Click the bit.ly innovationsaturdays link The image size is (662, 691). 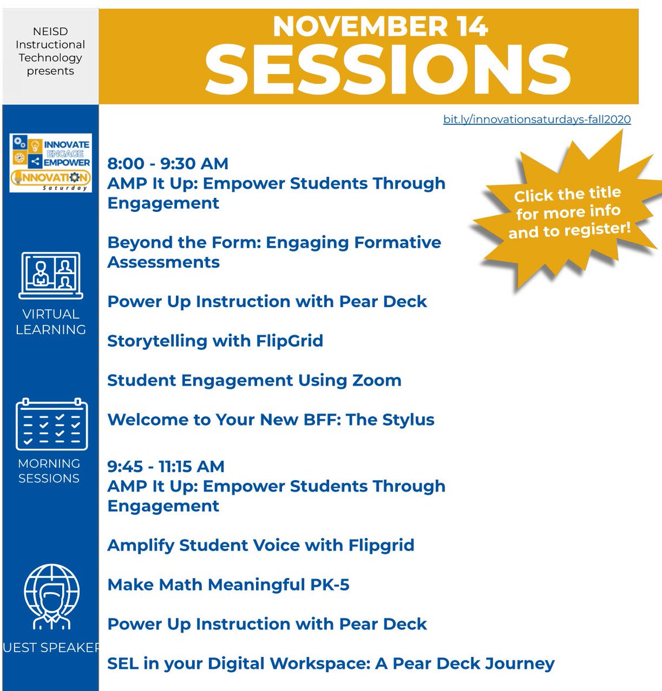[536, 120]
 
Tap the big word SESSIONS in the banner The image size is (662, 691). [388, 70]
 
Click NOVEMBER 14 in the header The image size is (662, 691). [381, 26]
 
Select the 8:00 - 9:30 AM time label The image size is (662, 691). [168, 164]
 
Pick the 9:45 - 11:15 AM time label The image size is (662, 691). [166, 466]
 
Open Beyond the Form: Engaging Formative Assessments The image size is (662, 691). [274, 252]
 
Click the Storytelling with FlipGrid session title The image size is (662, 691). [215, 341]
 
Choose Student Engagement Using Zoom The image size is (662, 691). [254, 380]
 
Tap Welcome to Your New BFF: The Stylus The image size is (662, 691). [271, 420]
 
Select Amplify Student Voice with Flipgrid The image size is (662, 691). [261, 545]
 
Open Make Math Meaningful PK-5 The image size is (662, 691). [228, 584]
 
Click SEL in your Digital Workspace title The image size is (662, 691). [331, 663]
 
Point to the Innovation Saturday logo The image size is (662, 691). [51, 163]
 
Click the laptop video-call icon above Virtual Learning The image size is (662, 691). [51, 275]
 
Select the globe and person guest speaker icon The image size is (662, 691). [51, 597]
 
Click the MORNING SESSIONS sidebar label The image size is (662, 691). [49, 470]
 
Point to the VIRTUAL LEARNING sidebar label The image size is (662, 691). [51, 322]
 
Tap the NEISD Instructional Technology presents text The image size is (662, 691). [50, 51]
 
